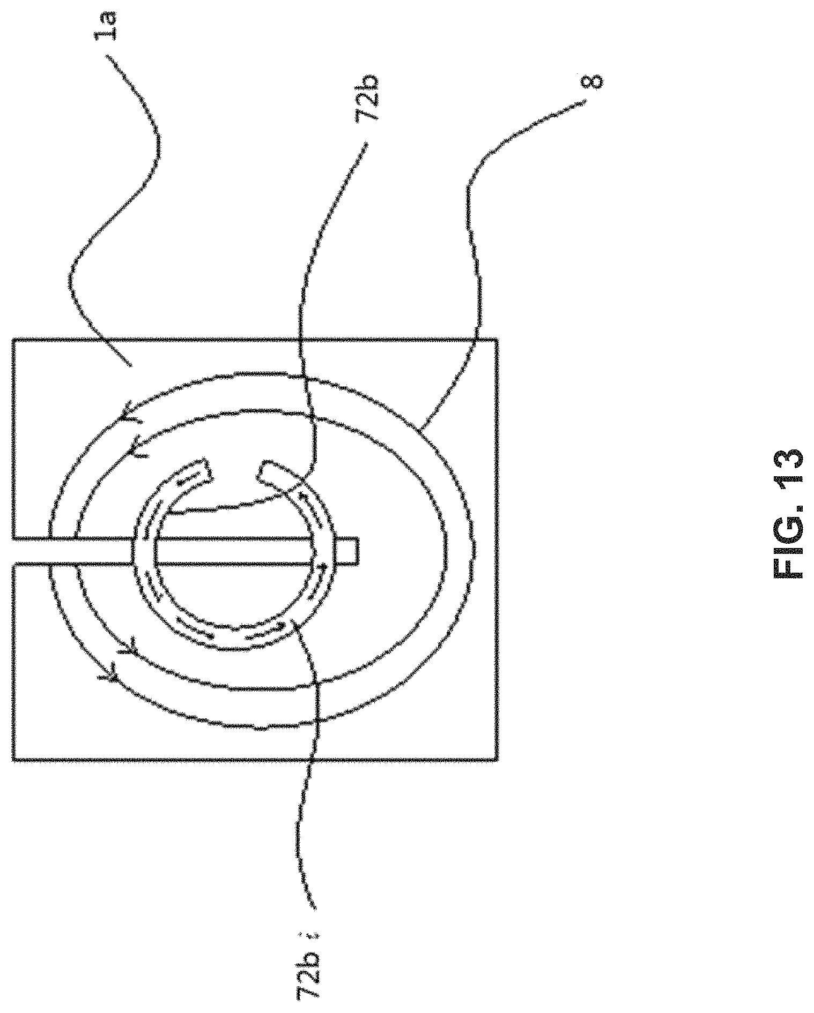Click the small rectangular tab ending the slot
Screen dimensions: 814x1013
tap(349, 551)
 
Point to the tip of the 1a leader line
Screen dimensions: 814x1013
tap(130, 366)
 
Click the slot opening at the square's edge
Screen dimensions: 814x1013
tap(13, 551)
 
